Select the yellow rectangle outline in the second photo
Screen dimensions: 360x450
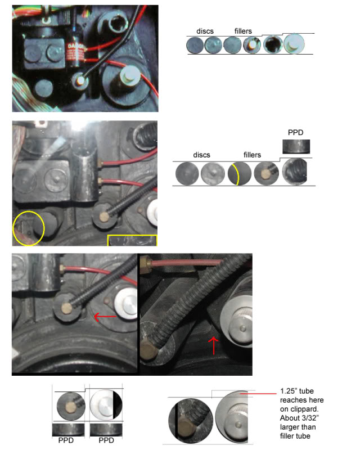click(x=132, y=236)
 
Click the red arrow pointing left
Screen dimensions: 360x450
click(x=105, y=317)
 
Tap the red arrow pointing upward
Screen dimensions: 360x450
click(x=213, y=345)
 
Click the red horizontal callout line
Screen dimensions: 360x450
click(x=258, y=393)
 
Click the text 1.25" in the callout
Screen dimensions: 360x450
click(x=288, y=391)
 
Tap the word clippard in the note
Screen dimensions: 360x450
click(x=304, y=409)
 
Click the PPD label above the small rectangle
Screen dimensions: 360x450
click(x=295, y=132)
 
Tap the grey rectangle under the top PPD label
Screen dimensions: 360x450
click(x=296, y=147)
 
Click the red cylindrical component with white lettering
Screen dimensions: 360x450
click(x=75, y=53)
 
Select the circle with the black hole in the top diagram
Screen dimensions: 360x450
click(x=273, y=45)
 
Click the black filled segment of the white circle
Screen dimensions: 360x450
click(x=118, y=404)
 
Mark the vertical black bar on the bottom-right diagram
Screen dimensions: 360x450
click(x=176, y=421)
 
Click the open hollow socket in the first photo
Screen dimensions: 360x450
click(x=118, y=24)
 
